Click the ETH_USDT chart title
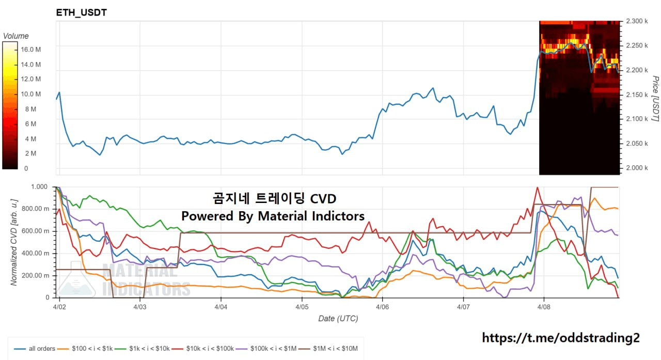81,12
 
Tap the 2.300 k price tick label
637,21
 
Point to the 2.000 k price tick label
637,168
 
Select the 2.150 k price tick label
637,95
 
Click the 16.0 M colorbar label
32,50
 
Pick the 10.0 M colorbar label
32,94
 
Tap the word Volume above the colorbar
16,36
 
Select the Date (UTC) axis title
338,319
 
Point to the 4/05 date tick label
302,307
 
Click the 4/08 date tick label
544,307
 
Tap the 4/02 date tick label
59,307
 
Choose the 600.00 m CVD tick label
36,231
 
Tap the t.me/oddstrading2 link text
560,338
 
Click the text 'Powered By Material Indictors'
273,216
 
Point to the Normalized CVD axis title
14,242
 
